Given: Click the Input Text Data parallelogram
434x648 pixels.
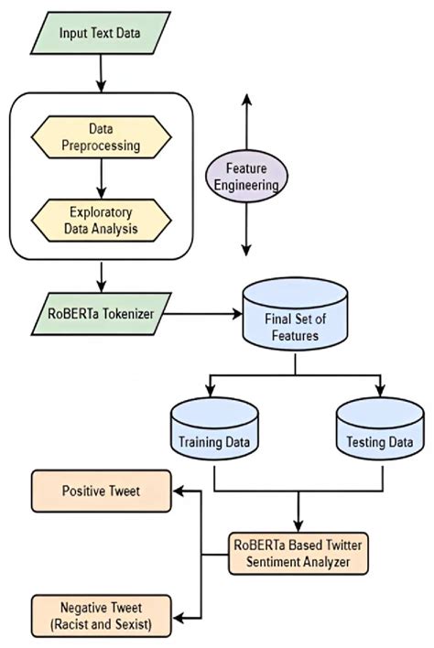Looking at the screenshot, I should coord(98,34).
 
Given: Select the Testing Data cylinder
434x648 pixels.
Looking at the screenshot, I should coord(378,433).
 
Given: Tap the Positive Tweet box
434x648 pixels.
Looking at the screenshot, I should coord(101,492).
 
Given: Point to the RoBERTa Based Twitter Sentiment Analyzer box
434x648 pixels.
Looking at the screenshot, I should coord(299,555).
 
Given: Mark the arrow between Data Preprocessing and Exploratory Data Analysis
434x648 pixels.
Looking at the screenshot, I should coord(101,180).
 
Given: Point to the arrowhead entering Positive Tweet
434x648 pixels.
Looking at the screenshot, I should coord(180,492).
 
